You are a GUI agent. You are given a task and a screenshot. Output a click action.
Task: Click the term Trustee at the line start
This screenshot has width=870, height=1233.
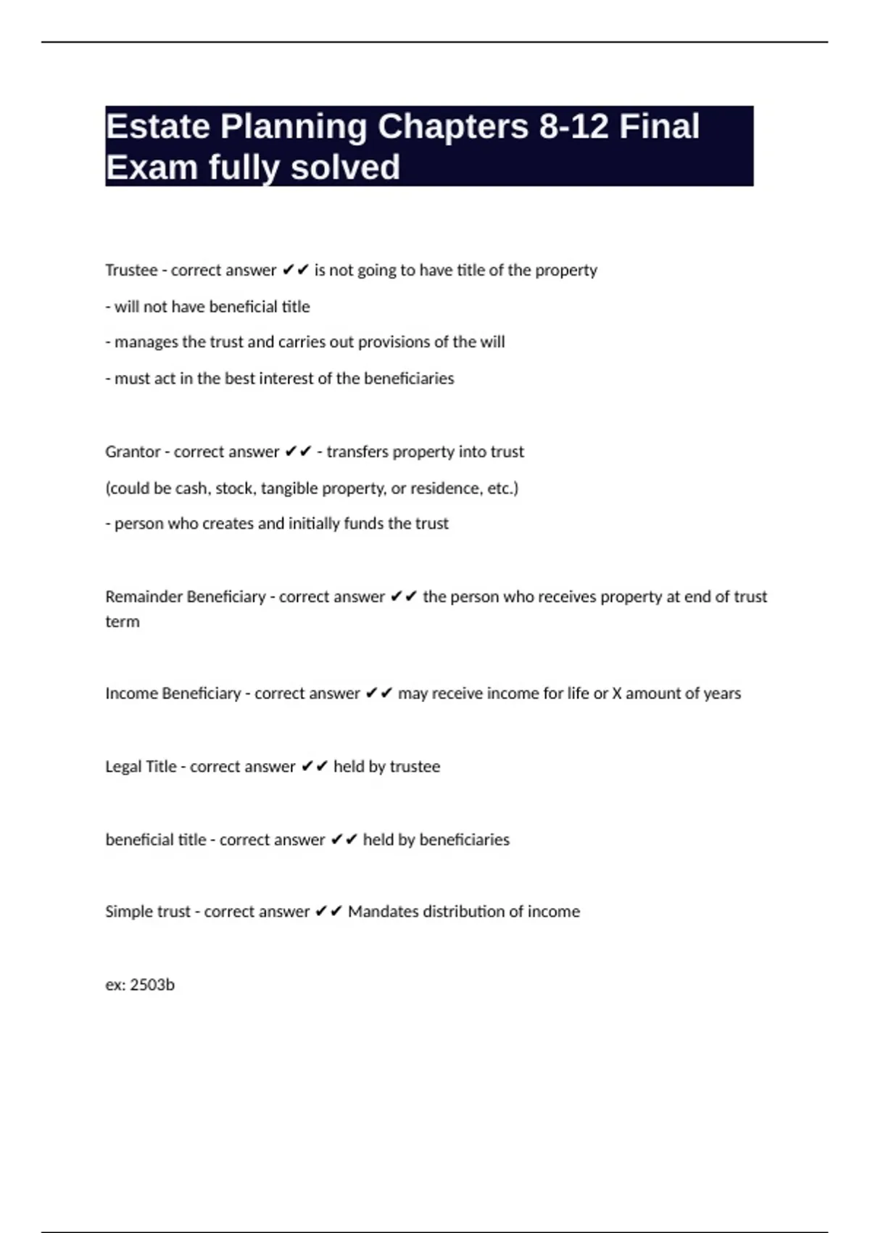(131, 270)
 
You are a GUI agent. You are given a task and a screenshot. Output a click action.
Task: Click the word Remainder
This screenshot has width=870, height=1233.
(144, 597)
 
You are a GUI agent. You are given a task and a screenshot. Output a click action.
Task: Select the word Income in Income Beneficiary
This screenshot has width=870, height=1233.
(131, 693)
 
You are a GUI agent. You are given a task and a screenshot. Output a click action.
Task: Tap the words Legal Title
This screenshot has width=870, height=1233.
(141, 767)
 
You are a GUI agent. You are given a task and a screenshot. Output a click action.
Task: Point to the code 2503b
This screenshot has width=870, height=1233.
(152, 985)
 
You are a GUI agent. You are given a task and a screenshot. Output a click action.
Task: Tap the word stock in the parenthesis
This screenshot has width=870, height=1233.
(234, 488)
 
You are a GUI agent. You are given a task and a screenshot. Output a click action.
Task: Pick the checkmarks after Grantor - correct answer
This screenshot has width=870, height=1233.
(298, 452)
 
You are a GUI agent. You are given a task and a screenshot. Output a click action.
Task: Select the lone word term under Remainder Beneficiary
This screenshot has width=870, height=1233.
(123, 622)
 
